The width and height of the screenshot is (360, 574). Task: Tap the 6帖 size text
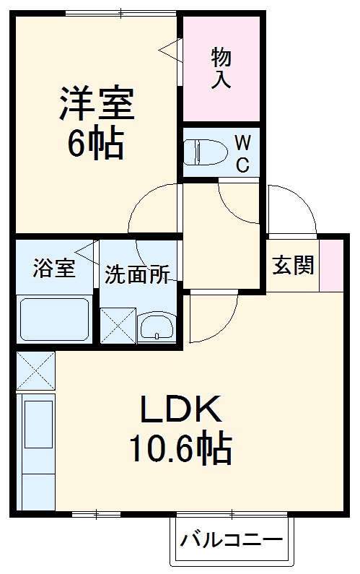[96, 144]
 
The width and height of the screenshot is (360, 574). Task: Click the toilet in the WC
[203, 152]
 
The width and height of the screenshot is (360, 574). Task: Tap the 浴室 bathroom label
[53, 269]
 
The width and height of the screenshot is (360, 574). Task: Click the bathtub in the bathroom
[54, 318]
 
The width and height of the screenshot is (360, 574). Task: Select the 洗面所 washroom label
[137, 274]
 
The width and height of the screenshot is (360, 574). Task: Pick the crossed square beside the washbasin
[117, 324]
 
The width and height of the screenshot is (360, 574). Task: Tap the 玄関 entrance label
[293, 265]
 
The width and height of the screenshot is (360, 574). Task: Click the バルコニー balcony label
[232, 540]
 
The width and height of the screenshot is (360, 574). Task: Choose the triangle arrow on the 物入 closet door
[170, 50]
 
